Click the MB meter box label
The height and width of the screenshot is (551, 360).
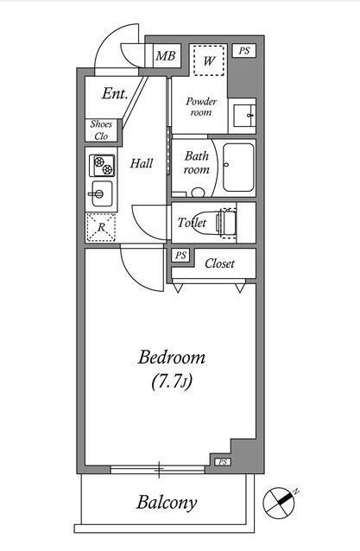[x=166, y=56]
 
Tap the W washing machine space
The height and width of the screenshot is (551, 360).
[x=209, y=60]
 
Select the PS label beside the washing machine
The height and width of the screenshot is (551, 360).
[x=244, y=51]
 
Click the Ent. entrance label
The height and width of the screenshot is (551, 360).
[x=115, y=94]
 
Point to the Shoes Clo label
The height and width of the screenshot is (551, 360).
[x=101, y=130]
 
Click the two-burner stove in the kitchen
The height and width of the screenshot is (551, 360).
[x=102, y=166]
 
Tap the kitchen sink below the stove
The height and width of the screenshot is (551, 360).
[x=102, y=193]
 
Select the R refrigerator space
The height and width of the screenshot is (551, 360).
[x=101, y=227]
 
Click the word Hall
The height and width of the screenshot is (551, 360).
[x=142, y=163]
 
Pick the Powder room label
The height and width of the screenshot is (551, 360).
[x=201, y=107]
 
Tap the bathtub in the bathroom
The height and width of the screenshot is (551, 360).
[x=238, y=168]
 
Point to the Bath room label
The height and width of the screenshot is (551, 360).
[x=197, y=162]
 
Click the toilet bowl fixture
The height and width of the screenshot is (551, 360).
[x=215, y=222]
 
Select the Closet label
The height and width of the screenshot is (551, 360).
[x=219, y=263]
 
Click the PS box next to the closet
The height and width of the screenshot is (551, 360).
[x=181, y=256]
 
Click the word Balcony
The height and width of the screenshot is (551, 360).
[x=167, y=503]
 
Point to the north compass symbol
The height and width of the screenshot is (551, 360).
[x=280, y=503]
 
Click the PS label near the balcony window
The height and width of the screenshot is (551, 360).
[x=223, y=462]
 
